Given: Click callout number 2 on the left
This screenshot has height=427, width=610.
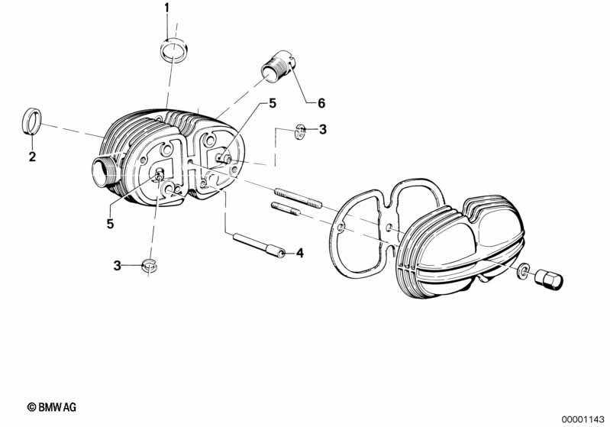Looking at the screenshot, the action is click(x=31, y=157).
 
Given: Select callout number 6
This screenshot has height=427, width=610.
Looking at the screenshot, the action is click(x=321, y=103).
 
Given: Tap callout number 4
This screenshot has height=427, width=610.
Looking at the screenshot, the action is click(x=300, y=253).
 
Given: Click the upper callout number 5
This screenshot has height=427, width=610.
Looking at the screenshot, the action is click(x=270, y=105).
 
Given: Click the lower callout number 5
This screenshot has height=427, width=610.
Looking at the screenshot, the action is click(x=110, y=224).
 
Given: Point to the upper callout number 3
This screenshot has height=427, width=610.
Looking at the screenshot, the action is click(x=322, y=130).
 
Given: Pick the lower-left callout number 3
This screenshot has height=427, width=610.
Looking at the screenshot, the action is click(x=117, y=266).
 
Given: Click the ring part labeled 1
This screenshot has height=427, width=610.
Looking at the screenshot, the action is click(x=174, y=52).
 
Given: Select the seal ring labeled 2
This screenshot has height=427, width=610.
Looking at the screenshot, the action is click(x=31, y=122).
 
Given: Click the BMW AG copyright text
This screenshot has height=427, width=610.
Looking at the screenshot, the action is click(x=52, y=408).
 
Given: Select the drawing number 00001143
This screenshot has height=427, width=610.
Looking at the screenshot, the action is click(x=581, y=418).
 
